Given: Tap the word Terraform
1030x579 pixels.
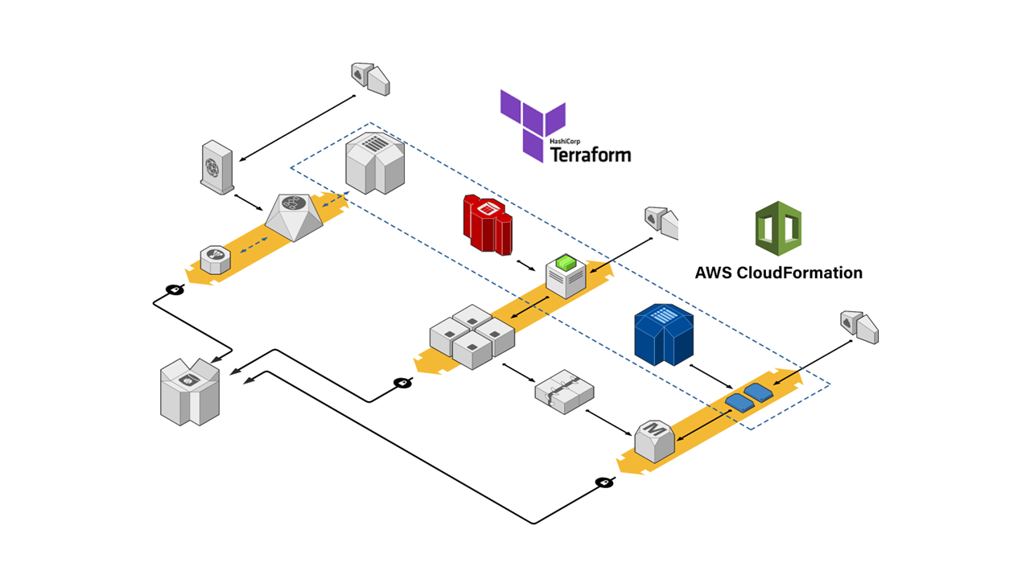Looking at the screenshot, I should (591, 154).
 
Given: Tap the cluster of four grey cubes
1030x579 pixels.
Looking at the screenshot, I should (472, 335).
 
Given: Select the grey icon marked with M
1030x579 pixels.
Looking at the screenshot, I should (655, 440).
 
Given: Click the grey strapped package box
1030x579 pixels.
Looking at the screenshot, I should (564, 392).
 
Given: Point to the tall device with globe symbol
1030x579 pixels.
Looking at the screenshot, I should (216, 166).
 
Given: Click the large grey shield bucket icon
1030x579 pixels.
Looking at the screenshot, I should (190, 392).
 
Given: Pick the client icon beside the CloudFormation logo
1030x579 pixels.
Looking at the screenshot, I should (661, 223).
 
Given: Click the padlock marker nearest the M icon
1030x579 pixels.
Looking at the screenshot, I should (604, 482).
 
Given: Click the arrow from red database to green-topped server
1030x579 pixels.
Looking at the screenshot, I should (525, 265).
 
